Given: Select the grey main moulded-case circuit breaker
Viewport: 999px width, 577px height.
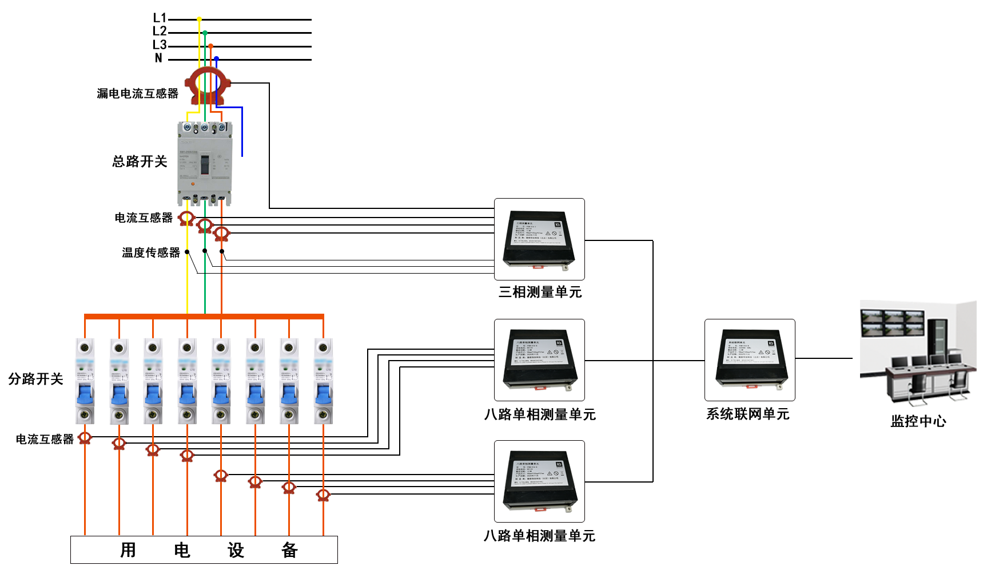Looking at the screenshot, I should click(x=205, y=163).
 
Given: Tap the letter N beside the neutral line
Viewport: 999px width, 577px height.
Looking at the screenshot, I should click(x=158, y=58).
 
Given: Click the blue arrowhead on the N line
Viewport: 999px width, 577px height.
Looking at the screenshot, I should click(x=216, y=59).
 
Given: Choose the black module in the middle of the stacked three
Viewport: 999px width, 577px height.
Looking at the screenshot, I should click(x=539, y=359).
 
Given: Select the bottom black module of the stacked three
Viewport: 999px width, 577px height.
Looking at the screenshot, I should click(x=539, y=481).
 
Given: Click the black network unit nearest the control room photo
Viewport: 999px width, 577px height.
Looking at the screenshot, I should click(x=750, y=359).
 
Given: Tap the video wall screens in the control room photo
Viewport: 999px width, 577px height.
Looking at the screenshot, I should click(x=893, y=322).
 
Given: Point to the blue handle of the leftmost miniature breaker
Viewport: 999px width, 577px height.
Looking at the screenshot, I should click(x=85, y=395).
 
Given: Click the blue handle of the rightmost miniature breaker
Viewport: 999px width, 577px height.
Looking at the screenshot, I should click(x=324, y=395).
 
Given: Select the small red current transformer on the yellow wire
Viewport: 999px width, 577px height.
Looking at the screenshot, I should click(x=186, y=218).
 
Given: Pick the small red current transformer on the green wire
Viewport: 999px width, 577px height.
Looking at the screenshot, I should click(x=204, y=226).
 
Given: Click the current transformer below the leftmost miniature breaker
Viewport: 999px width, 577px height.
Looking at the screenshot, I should click(x=85, y=438).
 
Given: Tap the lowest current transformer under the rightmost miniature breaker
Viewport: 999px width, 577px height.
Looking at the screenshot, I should click(x=323, y=494).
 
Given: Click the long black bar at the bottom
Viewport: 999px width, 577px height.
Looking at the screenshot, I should click(x=204, y=550).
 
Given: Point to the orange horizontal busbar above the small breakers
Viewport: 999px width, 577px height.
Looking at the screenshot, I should click(x=204, y=316).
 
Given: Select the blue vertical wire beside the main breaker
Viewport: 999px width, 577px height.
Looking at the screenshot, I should click(x=242, y=132).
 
